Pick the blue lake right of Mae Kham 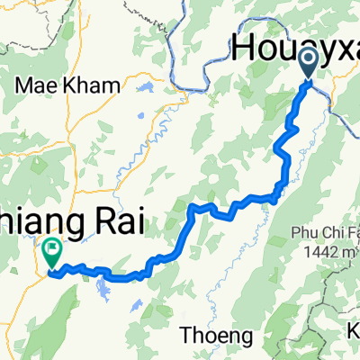pyautogui.click(x=144, y=89)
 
